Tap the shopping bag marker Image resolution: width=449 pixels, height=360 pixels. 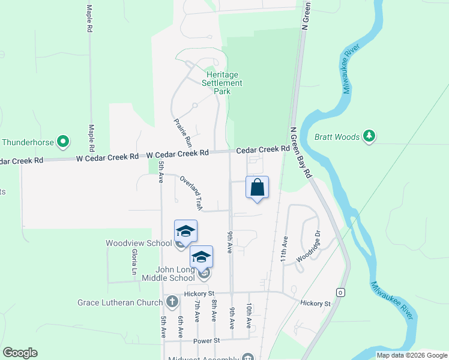coord(257,187)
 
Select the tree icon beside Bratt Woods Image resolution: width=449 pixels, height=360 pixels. coord(369,137)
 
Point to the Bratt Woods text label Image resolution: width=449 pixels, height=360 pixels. coord(337,137)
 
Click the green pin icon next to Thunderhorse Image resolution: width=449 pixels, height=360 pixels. coord(63,142)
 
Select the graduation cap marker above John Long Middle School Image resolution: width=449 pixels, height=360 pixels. coord(202,257)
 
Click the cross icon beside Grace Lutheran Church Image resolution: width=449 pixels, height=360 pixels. coord(172,302)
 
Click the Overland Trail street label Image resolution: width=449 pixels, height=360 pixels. coord(191,193)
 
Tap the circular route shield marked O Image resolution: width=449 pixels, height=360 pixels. coord(341,293)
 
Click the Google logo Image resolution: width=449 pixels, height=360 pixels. coord(20,353)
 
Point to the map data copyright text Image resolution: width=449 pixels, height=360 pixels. coord(412,355)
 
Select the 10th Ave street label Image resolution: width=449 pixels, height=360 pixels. coord(249,315)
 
